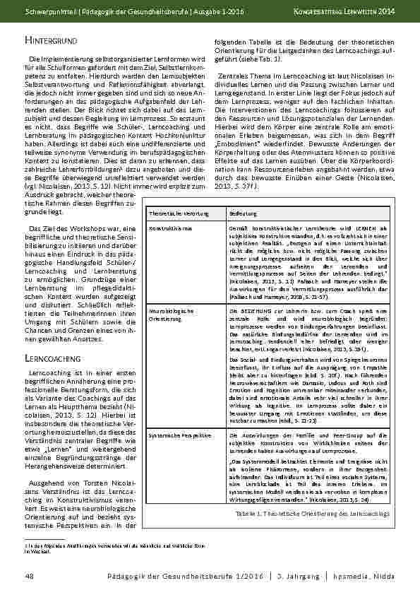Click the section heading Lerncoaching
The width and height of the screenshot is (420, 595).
pos(51,358)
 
